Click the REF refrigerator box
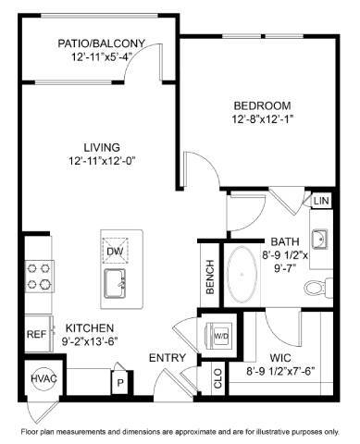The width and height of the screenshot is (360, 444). (x=36, y=334)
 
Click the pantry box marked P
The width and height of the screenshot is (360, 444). (x=119, y=379)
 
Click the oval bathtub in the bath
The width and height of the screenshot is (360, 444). (x=245, y=275)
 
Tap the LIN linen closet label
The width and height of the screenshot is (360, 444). (x=321, y=201)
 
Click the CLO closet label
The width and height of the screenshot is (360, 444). (x=217, y=378)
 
